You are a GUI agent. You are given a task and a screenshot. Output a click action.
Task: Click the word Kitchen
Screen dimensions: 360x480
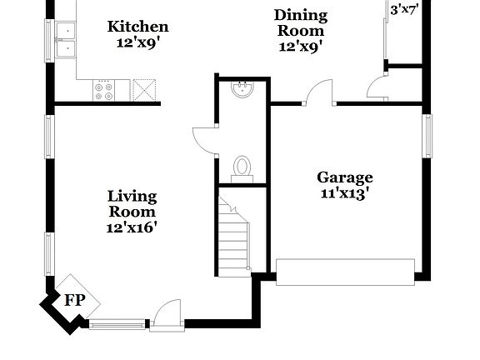click(x=137, y=27)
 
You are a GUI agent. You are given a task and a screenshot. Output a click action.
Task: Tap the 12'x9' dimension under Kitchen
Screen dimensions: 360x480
click(x=138, y=42)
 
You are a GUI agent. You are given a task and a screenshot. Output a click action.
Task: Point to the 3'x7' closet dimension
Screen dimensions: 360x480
click(x=406, y=10)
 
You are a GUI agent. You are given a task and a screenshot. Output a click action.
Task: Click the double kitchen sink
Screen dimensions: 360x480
click(x=64, y=40)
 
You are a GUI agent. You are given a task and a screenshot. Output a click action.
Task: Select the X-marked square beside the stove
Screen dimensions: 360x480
click(x=145, y=90)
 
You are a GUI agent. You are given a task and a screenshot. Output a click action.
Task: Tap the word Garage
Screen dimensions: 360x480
click(x=344, y=177)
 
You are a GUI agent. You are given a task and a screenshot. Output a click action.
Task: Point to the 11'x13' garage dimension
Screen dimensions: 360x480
click(x=344, y=193)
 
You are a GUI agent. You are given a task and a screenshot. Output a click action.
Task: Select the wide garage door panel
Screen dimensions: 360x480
click(x=345, y=272)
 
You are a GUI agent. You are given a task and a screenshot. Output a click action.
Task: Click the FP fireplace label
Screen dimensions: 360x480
click(x=75, y=301)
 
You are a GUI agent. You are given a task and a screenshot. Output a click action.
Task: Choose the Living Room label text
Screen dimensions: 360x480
click(x=132, y=203)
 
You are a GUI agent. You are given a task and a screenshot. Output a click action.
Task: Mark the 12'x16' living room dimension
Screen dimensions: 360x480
click(x=132, y=227)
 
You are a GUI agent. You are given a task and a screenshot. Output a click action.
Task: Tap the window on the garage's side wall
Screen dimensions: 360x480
click(x=427, y=135)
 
